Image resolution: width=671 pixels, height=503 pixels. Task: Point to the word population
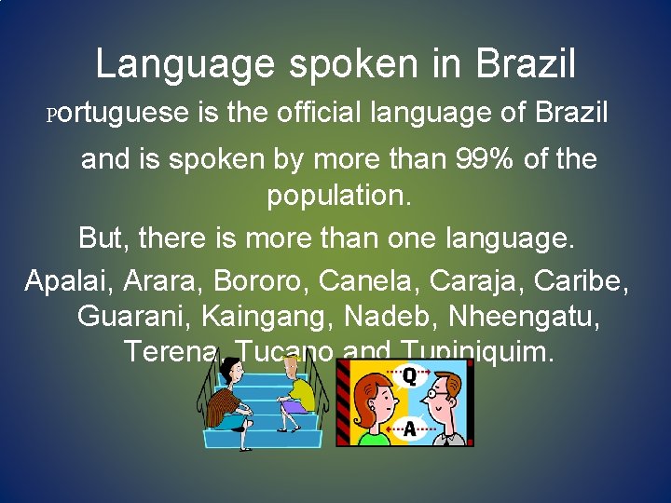pyautogui.click(x=338, y=197)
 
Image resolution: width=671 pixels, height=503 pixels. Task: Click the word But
pyautogui.click(x=103, y=238)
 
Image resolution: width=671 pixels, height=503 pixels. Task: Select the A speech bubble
pyautogui.click(x=409, y=428)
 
